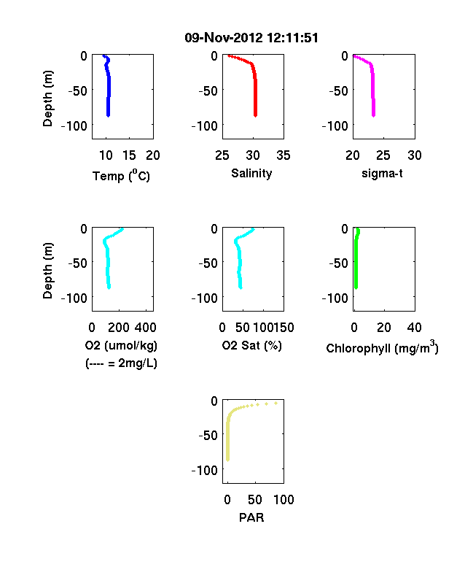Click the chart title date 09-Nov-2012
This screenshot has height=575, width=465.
223,38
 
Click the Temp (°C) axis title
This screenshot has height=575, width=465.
121,176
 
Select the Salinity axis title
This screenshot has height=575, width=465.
251,173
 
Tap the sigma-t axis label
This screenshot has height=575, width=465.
382,173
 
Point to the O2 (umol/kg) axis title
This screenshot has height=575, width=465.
121,345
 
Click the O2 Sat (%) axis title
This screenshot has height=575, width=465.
252,345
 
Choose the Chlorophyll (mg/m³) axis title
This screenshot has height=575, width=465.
382,347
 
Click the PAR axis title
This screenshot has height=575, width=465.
251,517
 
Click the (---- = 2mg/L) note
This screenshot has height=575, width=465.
121,363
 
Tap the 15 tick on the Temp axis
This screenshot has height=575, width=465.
129,155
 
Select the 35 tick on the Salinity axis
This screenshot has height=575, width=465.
284,155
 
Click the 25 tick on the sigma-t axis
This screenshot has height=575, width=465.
383,155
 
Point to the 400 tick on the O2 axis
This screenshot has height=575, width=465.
146,328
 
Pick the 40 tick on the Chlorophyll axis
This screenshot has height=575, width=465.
414,328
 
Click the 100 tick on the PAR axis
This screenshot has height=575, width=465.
284,499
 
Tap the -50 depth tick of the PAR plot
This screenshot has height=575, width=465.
208,436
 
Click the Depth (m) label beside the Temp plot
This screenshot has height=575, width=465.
47,99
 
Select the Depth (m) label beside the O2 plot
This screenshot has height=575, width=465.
47,271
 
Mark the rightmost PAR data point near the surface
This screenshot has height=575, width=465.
276,403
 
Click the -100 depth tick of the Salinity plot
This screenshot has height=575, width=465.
205,126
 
